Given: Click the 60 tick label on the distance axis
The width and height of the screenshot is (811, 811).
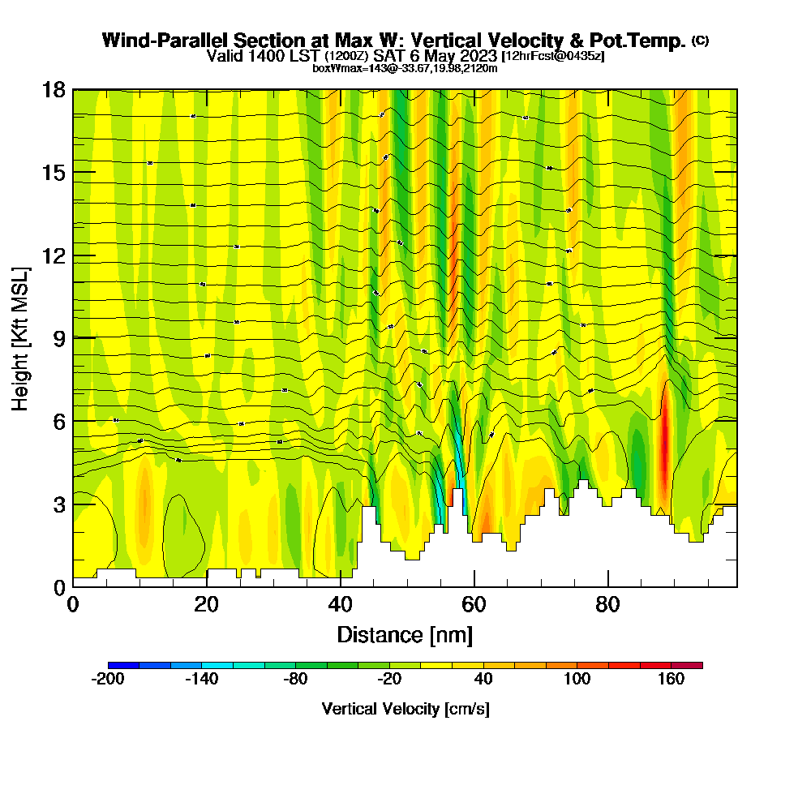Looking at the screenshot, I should click(x=474, y=605).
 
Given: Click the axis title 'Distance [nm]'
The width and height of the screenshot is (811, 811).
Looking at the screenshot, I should click(x=405, y=634).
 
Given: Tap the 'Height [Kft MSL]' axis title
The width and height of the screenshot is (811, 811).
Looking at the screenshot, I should click(x=21, y=337).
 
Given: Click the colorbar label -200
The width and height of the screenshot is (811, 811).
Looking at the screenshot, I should click(x=108, y=680).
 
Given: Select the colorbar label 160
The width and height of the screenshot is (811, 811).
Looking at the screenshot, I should click(x=672, y=680).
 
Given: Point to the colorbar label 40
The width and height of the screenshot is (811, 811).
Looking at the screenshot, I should click(x=483, y=680).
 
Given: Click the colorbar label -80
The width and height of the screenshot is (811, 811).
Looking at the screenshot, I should click(x=296, y=680).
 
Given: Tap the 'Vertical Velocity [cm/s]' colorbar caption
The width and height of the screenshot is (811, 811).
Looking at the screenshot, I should click(x=405, y=709).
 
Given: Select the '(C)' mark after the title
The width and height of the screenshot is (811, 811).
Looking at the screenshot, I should click(x=700, y=41).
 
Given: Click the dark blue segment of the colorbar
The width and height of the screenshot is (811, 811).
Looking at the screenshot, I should click(x=123, y=665).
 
